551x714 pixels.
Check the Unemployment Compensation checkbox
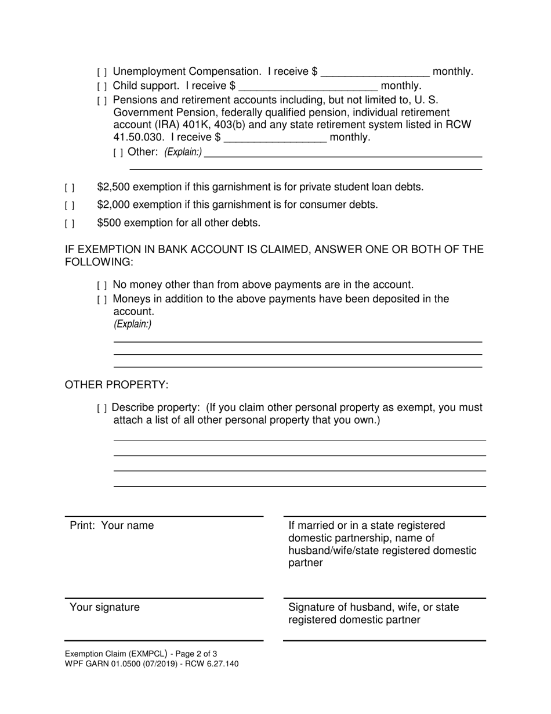pyautogui.click(x=102, y=73)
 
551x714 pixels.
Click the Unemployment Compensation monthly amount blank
pyautogui.click(x=375, y=72)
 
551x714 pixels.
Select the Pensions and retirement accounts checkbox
pyautogui.click(x=102, y=101)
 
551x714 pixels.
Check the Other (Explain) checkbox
pyautogui.click(x=118, y=153)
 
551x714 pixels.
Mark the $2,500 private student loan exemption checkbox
pyautogui.click(x=70, y=187)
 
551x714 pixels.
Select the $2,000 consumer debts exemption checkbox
pyautogui.click(x=70, y=205)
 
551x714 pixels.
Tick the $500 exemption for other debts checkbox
pyautogui.click(x=70, y=223)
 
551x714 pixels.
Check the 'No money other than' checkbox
pyautogui.click(x=102, y=286)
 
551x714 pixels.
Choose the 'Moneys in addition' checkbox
pyautogui.click(x=102, y=300)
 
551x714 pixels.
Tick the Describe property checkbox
pyautogui.click(x=102, y=409)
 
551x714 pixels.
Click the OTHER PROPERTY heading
pyautogui.click(x=117, y=385)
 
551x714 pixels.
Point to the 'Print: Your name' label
pyautogui.click(x=112, y=525)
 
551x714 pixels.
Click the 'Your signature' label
pyautogui.click(x=104, y=607)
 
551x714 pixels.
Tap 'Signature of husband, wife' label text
pyautogui.click(x=374, y=607)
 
